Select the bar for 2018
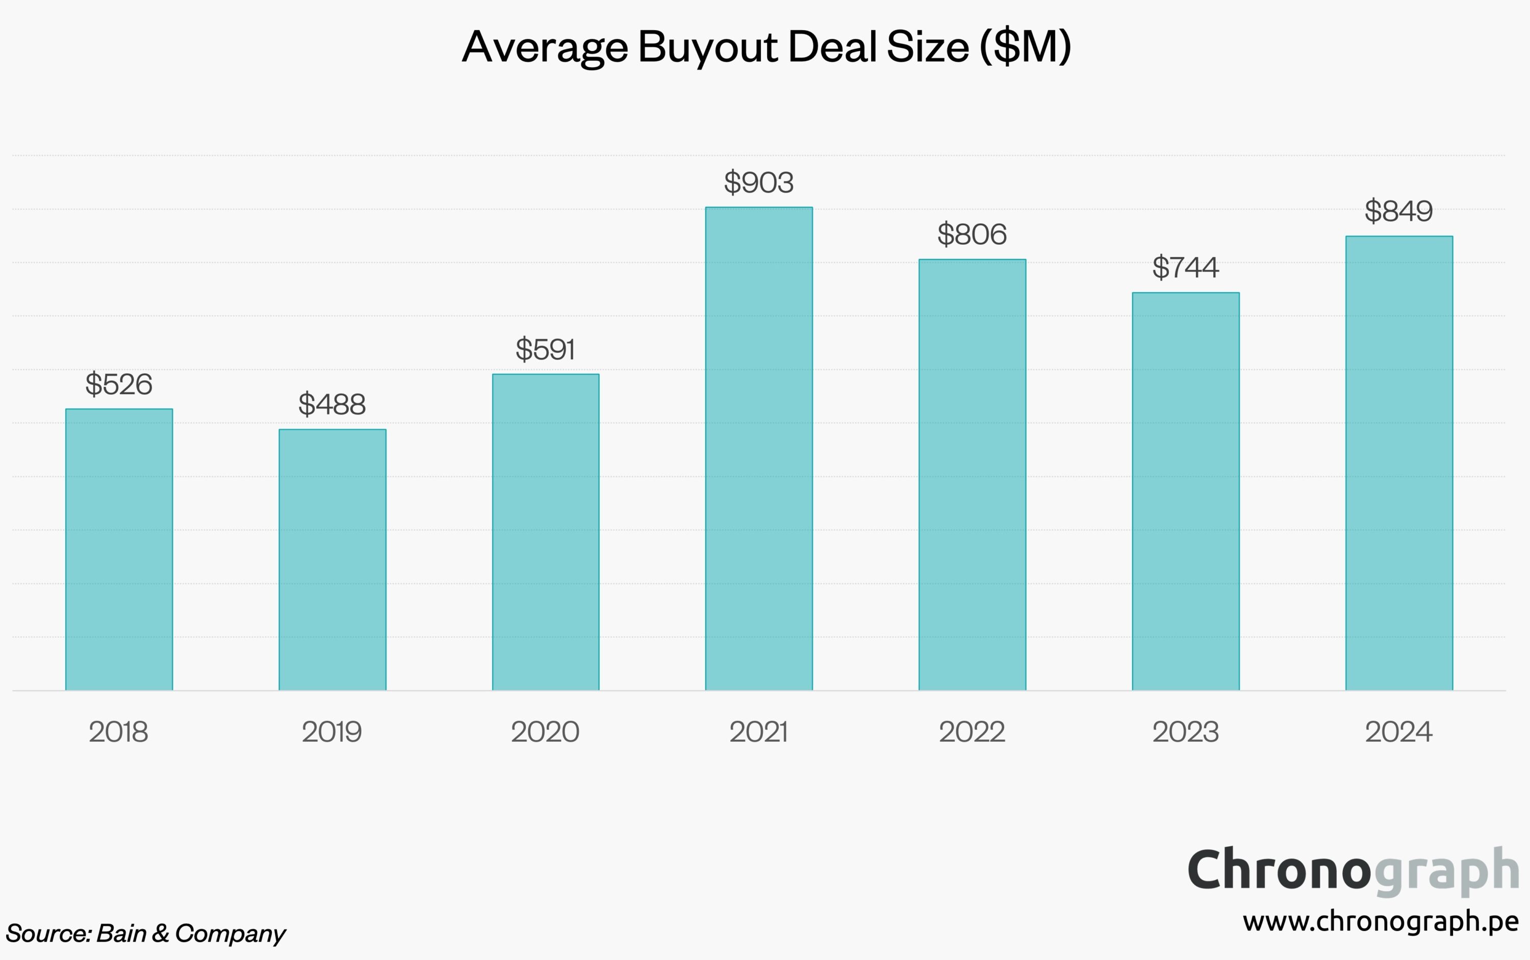tap(119, 549)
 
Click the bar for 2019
tap(332, 559)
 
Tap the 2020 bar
tap(546, 532)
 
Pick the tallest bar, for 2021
tap(759, 448)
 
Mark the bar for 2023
tap(1186, 491)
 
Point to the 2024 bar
tap(1399, 463)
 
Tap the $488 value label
tap(332, 404)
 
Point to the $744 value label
tap(1186, 267)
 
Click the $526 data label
tap(119, 384)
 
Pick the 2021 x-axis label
tap(759, 732)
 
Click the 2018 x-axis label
tap(119, 732)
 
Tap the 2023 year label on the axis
tap(1186, 732)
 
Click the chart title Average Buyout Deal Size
tap(767, 47)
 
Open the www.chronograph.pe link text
tap(1381, 921)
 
